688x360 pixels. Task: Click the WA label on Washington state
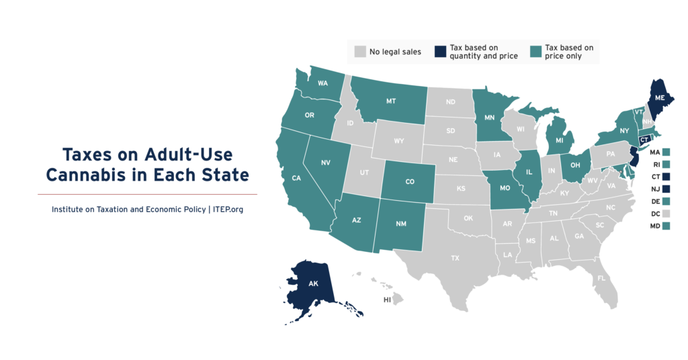point(322,84)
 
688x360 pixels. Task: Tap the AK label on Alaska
point(313,284)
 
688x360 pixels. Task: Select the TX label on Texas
point(455,258)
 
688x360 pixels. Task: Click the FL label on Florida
point(601,278)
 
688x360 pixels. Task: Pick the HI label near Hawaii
point(388,300)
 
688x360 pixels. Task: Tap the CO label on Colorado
point(409,180)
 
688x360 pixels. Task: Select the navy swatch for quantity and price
point(440,52)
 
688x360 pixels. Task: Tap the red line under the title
point(146,194)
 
